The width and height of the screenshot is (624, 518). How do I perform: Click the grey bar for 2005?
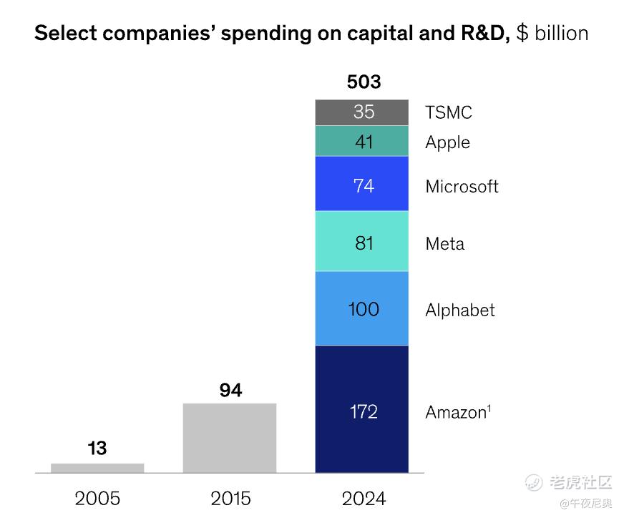[97, 468]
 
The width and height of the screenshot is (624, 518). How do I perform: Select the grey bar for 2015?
[230, 438]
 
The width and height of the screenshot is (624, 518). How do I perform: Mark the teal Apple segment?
[362, 141]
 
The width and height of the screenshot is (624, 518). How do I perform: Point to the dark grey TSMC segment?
[362, 112]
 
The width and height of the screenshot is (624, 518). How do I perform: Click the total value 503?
[364, 82]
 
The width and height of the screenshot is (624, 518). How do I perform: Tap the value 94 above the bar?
[230, 390]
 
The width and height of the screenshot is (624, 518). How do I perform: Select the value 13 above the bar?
[97, 449]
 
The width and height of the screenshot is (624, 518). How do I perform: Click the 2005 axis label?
[97, 498]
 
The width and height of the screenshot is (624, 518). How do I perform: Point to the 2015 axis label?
[230, 498]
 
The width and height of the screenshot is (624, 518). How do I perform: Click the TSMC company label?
[449, 112]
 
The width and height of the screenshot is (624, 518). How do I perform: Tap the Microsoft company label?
[462, 187]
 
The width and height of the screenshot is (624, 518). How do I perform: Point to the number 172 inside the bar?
[364, 411]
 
